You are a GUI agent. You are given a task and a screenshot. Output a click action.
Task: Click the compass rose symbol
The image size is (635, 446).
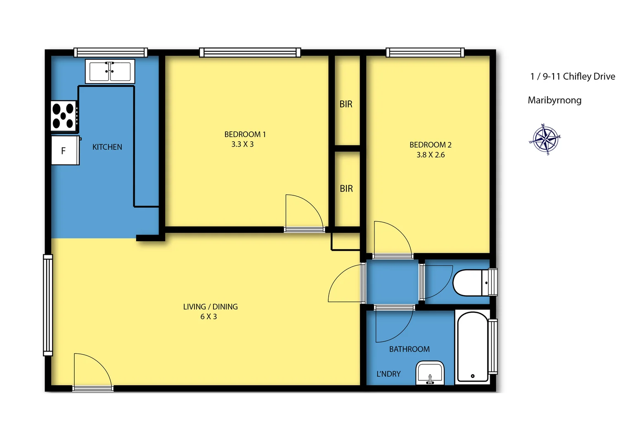pyautogui.click(x=545, y=139)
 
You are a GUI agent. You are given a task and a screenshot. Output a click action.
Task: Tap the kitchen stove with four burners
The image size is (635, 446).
pyautogui.click(x=64, y=116)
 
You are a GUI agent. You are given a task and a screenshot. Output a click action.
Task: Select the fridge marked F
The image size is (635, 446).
pyautogui.click(x=64, y=151)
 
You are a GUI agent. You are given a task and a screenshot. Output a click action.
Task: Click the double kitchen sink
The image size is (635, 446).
pyautogui.click(x=110, y=71)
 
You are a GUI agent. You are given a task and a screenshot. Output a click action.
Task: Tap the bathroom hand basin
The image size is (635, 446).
pyautogui.click(x=430, y=373)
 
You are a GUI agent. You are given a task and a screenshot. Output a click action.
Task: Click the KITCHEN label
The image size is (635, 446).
pyautogui.click(x=107, y=147)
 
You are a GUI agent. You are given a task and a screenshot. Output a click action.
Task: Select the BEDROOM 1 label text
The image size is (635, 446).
pyautogui.click(x=245, y=134)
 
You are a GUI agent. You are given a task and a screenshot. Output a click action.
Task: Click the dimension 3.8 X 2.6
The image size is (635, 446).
pyautogui.click(x=430, y=155)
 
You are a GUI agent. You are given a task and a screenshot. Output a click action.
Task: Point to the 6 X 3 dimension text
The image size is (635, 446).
pyautogui.click(x=209, y=317)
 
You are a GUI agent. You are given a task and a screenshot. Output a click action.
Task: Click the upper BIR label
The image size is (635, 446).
pyautogui.click(x=346, y=104)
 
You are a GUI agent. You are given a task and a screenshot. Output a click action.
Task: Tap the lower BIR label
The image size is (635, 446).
pyautogui.click(x=346, y=189)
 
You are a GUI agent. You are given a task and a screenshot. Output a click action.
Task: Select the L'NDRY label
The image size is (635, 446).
pyautogui.click(x=388, y=374)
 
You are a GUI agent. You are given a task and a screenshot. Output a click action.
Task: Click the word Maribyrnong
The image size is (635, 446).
pyautogui.click(x=554, y=100)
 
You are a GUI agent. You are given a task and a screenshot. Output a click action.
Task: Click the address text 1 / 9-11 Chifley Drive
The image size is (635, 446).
pyautogui.click(x=572, y=76)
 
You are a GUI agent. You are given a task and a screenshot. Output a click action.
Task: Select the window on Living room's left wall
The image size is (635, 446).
pyautogui.click(x=48, y=305)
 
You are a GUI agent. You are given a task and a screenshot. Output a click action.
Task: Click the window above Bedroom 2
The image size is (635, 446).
pyautogui.click(x=425, y=52)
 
